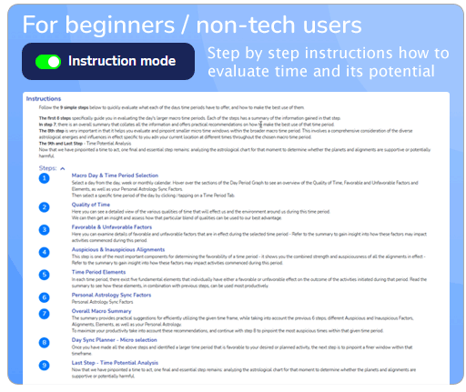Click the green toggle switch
point(48,62)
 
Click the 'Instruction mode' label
point(122,62)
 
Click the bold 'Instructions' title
point(44,98)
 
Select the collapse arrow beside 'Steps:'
point(62,168)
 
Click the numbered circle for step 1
point(45,178)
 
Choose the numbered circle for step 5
point(45,274)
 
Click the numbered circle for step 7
point(45,314)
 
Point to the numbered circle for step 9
point(45,365)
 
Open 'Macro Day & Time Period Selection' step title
point(116,175)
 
